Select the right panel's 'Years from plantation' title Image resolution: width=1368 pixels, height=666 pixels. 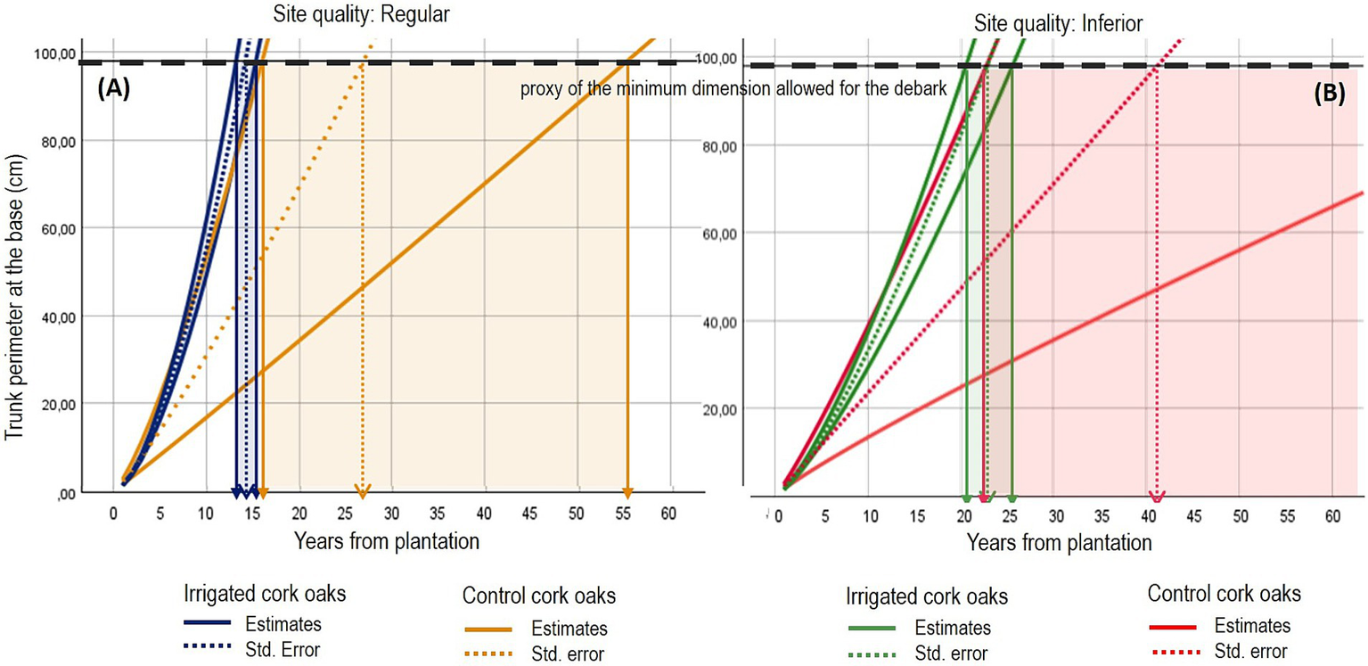(1059, 542)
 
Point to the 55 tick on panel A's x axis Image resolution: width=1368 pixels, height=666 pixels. (627, 513)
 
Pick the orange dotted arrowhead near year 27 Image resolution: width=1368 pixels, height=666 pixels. (362, 493)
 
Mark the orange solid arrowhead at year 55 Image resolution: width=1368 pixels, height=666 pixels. (627, 493)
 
